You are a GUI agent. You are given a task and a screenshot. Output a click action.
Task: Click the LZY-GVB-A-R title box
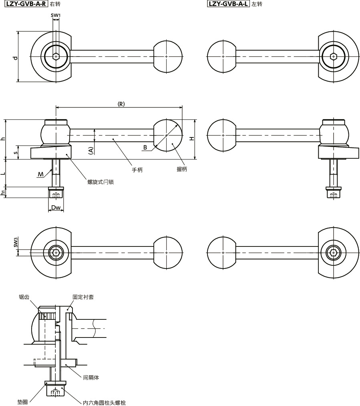point(26,4)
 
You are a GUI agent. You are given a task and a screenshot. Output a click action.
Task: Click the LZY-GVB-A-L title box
point(228,4)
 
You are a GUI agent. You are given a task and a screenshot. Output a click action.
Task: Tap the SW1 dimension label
point(56,15)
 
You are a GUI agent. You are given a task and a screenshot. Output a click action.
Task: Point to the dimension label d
point(16,58)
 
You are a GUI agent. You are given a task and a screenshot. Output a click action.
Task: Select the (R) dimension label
point(121,104)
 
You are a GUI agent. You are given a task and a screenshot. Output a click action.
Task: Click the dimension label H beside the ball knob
point(192,139)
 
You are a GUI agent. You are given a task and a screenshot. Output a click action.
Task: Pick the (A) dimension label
point(91,150)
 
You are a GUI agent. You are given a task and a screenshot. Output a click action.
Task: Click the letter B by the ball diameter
point(145,147)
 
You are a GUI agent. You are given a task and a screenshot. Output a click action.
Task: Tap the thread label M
point(40,174)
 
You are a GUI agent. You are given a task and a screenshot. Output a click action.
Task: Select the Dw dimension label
point(56,207)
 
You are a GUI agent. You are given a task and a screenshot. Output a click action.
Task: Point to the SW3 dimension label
point(16,242)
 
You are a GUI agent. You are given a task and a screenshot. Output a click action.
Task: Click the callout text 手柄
point(137,170)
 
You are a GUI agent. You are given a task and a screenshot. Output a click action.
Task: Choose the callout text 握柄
point(181,169)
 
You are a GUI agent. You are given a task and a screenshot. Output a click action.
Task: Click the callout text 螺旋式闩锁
point(101,182)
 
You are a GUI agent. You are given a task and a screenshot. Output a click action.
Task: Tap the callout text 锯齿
point(24,297)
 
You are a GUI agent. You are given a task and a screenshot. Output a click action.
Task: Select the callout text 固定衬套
point(83,297)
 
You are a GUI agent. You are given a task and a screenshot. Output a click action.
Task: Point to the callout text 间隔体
point(91,378)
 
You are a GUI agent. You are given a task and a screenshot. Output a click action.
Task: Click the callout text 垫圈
point(22,402)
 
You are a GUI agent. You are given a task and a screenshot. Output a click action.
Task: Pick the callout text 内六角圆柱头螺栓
point(104,403)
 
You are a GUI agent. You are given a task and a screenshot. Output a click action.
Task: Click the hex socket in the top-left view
point(56,56)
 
